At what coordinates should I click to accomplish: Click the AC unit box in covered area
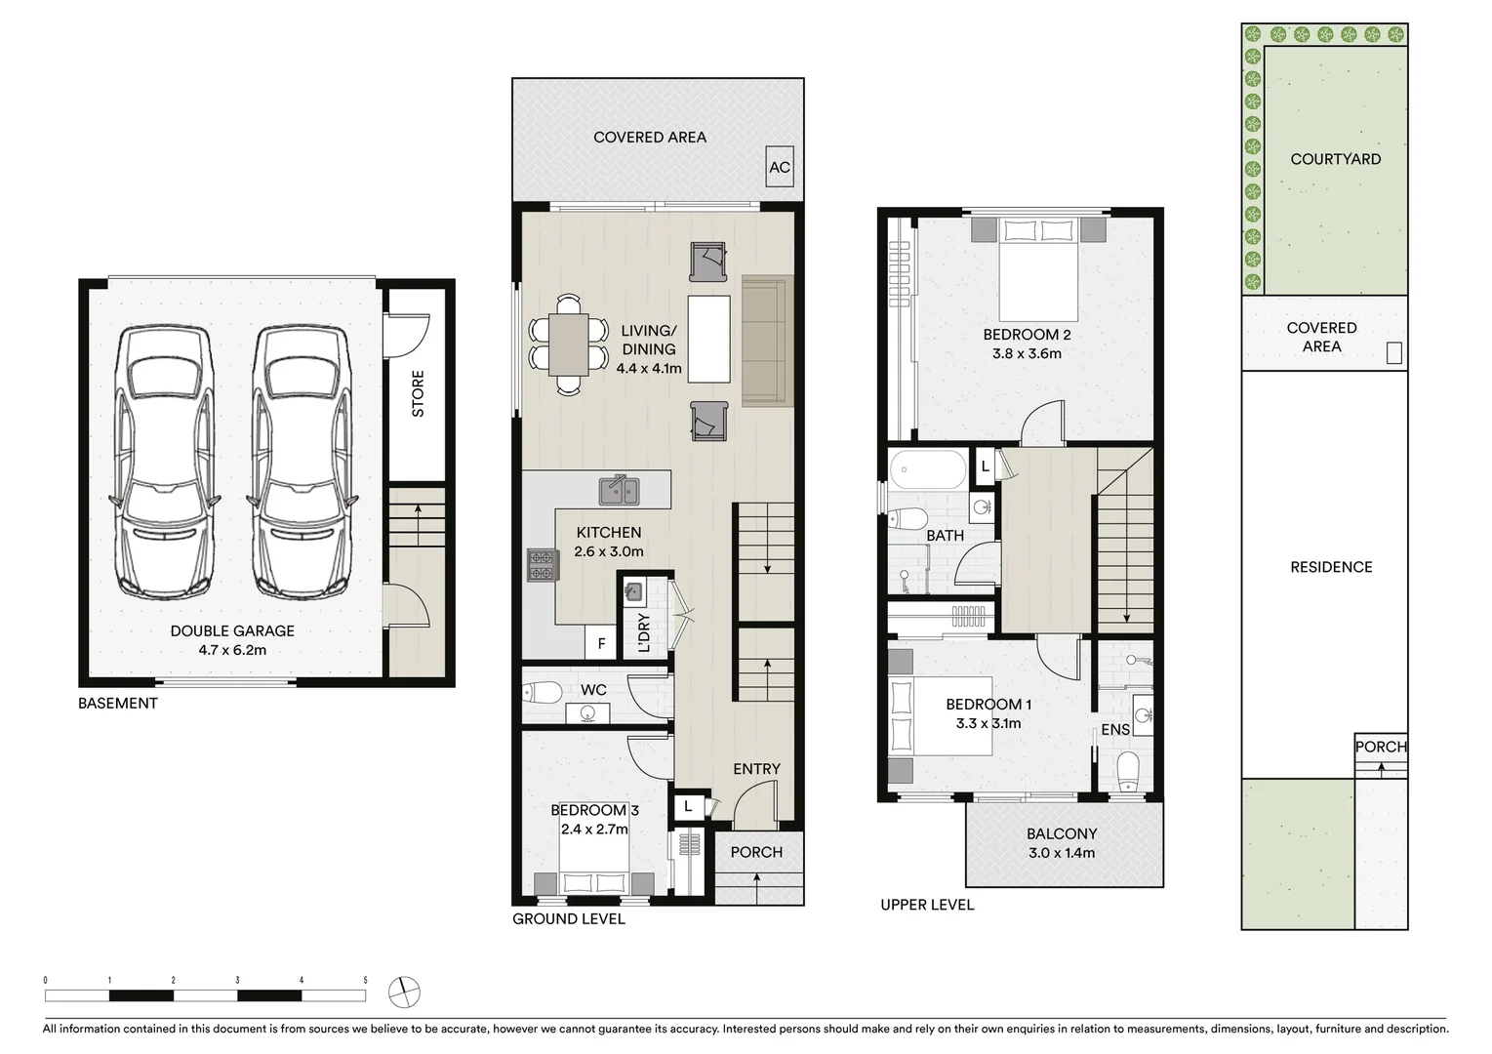779,167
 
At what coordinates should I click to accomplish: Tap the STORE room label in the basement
418,393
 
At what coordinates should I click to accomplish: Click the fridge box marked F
601,644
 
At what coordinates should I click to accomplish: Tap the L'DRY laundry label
643,633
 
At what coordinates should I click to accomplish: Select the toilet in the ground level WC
542,693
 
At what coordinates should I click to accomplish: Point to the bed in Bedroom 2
1039,268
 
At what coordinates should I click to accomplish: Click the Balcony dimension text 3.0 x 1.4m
1061,853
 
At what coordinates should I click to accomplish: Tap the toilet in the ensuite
1127,771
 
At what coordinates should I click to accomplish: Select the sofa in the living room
766,342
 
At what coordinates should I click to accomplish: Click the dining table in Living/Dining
568,345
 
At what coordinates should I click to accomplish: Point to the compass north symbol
404,993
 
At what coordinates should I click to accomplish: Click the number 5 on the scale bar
365,980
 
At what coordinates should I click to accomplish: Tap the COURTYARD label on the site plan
1335,159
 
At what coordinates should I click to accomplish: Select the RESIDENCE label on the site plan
1331,567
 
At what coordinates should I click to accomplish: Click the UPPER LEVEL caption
927,905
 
